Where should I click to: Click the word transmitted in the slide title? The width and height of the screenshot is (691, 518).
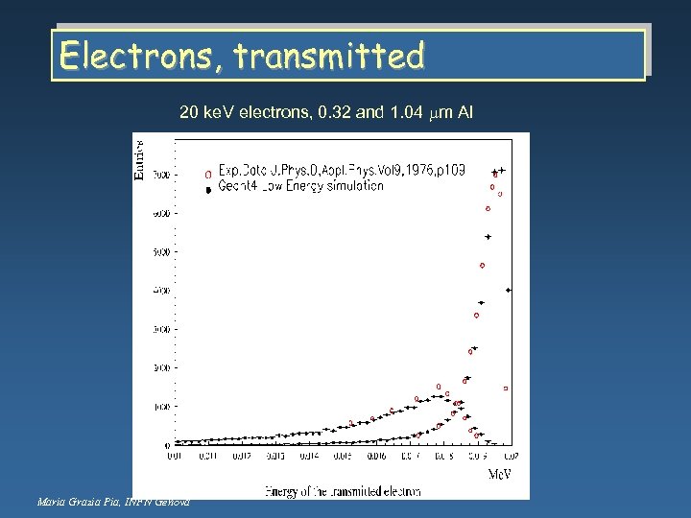click(328, 57)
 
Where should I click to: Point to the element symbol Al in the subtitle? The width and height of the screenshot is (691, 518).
click(465, 113)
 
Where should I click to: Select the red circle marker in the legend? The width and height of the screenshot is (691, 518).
click(207, 175)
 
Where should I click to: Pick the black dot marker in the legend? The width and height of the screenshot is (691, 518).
click(207, 189)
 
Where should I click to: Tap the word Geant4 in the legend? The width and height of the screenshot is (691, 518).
click(237, 186)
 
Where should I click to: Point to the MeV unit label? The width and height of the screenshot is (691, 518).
click(500, 474)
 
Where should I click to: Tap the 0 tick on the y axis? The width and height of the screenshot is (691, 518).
click(169, 445)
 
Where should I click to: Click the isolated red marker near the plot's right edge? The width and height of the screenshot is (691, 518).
click(506, 388)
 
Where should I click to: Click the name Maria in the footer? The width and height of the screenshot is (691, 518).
click(53, 502)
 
